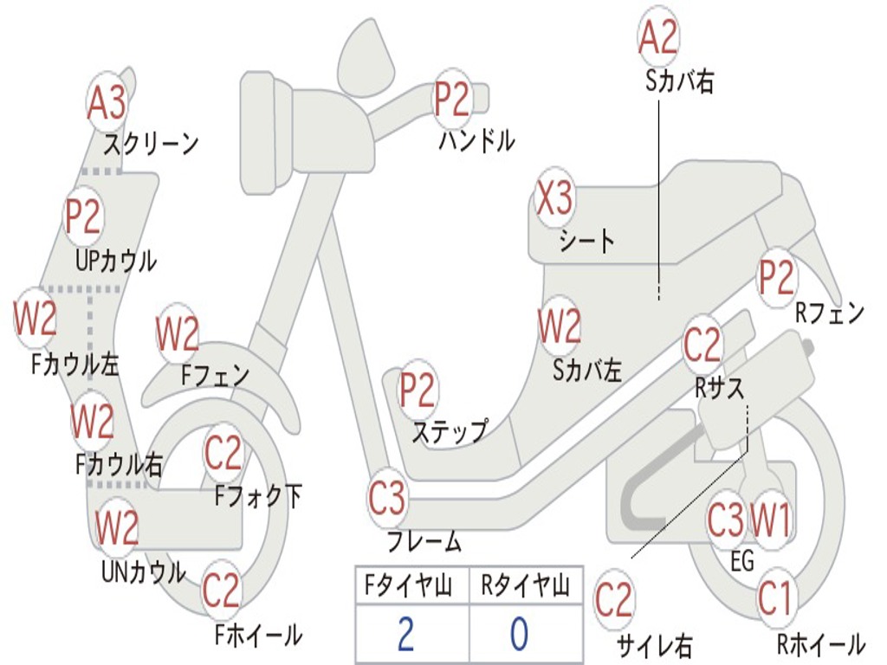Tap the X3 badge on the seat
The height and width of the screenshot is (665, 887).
(x=554, y=199)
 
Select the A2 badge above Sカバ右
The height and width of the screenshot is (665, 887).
(x=658, y=37)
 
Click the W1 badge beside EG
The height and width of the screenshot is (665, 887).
(x=770, y=520)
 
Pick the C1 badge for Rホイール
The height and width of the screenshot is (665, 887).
(x=776, y=597)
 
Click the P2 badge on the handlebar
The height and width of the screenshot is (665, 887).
(x=452, y=100)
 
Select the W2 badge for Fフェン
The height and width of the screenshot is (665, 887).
(x=178, y=333)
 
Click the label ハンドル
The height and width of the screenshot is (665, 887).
(x=476, y=140)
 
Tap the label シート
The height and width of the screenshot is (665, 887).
(x=587, y=240)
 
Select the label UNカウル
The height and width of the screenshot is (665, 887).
(x=143, y=572)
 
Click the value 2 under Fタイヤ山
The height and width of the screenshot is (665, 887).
(x=405, y=635)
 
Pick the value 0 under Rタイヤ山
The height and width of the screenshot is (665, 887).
(x=519, y=635)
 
